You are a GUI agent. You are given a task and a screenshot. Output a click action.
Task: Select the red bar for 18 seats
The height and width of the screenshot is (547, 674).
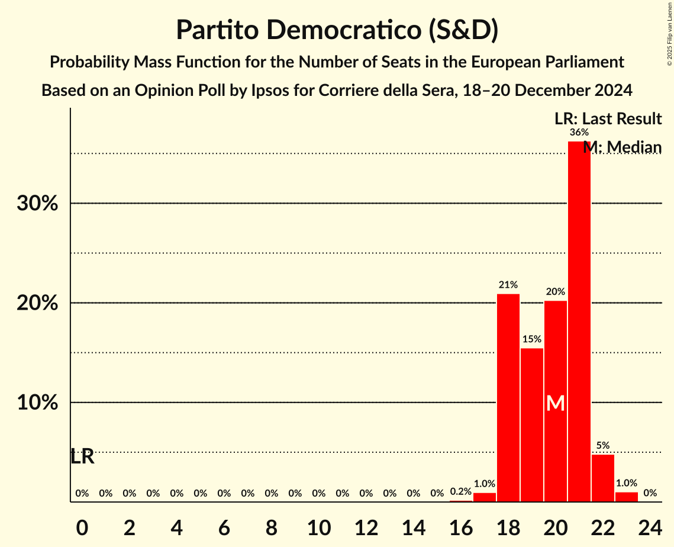(x=508, y=397)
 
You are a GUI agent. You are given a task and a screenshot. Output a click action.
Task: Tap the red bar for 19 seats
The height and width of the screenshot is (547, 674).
(x=531, y=424)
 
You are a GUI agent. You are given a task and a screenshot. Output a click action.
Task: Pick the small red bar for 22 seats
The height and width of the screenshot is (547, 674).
(x=602, y=478)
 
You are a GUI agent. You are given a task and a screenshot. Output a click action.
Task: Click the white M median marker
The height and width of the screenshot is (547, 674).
(x=555, y=404)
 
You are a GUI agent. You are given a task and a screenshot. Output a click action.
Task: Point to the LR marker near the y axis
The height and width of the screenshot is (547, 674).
(x=82, y=457)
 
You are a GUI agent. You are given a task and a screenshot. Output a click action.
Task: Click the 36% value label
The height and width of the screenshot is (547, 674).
(x=579, y=133)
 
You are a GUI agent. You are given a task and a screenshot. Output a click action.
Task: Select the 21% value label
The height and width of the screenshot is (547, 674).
(x=508, y=285)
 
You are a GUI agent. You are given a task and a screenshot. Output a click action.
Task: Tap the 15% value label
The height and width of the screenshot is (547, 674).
(x=531, y=339)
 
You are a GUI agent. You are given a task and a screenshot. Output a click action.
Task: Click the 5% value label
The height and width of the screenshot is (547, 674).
(x=602, y=445)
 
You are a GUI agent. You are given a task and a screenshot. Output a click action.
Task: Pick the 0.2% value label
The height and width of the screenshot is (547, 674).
(x=460, y=491)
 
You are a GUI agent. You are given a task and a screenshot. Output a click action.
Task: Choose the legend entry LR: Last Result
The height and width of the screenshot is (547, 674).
(x=608, y=119)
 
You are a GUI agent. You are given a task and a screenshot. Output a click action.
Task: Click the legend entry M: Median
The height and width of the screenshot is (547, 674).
(x=622, y=147)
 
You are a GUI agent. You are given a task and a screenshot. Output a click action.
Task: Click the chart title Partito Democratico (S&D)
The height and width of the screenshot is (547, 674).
(x=337, y=30)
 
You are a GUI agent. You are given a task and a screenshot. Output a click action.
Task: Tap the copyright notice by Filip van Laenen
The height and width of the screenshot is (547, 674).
(x=669, y=34)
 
